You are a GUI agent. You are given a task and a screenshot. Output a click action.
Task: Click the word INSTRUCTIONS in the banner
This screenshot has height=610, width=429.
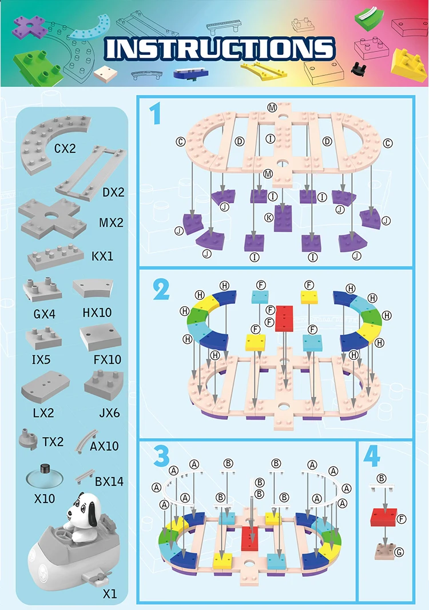click(220, 49)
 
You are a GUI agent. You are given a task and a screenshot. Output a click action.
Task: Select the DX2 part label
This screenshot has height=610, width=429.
click(113, 192)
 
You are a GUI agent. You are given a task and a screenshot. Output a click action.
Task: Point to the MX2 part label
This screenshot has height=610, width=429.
click(111, 223)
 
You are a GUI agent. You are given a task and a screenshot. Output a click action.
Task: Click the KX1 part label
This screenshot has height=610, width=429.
click(102, 256)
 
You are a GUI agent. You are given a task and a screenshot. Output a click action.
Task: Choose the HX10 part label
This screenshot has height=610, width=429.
click(97, 313)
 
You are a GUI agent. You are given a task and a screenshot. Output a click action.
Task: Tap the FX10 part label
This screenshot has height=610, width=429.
click(107, 360)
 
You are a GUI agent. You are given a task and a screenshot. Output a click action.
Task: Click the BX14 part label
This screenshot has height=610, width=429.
click(109, 481)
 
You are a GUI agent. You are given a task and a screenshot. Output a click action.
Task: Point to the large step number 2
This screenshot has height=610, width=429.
click(161, 290)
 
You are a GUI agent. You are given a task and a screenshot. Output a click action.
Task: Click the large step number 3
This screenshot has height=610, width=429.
click(162, 456)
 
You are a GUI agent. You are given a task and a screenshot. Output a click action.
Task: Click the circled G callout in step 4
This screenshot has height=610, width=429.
click(399, 552)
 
